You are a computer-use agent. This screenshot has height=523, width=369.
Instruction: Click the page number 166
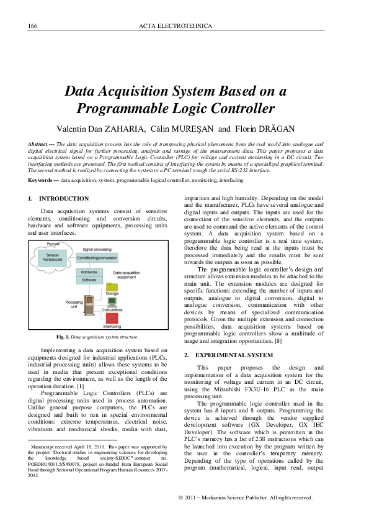click(x=33, y=26)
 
